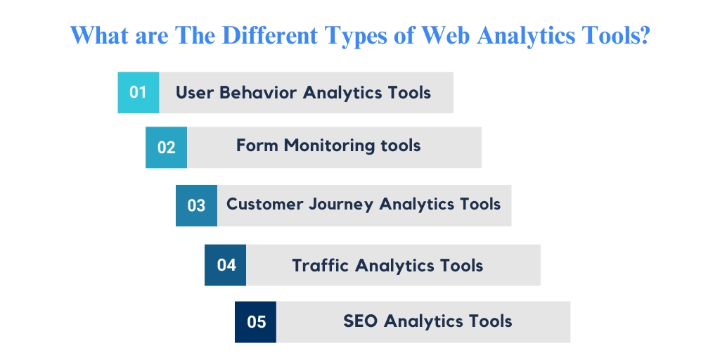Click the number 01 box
pos(138,92)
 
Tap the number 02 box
pos(166,147)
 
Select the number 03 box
pos(196,205)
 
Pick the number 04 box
pos(226,265)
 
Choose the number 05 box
pos(256,322)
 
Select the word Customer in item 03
pos(265,204)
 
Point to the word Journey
pos(342,205)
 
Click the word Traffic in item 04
pos(321,265)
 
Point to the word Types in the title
pos(347,35)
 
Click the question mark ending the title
pos(642,34)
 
